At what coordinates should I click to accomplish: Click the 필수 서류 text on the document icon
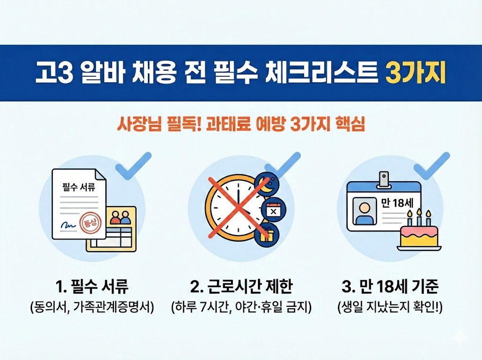pos(79,186)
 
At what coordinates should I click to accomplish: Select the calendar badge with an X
pos(273,210)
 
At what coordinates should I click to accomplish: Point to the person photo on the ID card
pos(365,211)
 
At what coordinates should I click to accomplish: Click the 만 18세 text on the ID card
pos(397,203)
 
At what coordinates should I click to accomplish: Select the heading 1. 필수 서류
pos(92,287)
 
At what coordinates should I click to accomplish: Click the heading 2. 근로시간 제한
pos(241,287)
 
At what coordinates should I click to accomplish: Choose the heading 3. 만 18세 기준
pos(390,287)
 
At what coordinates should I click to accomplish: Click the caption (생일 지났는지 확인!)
pos(390,307)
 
